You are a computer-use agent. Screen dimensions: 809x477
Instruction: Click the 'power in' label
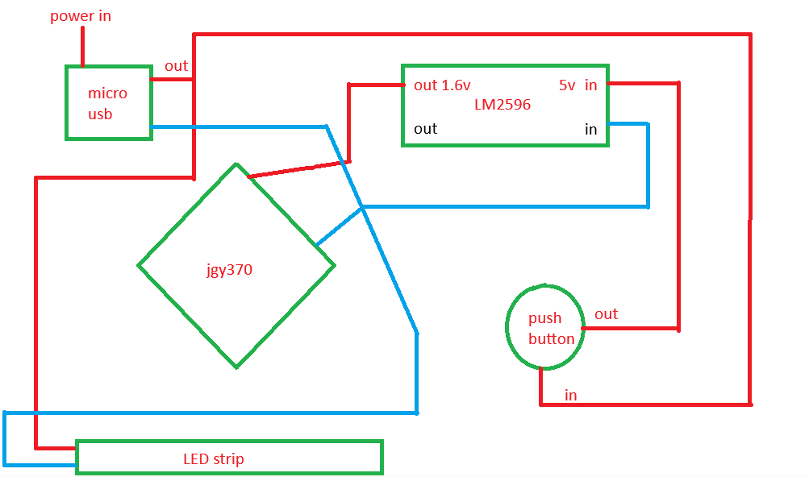point(81,16)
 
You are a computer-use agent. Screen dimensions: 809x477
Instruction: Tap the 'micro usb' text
point(107,103)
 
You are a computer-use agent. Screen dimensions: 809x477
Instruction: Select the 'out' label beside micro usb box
point(176,66)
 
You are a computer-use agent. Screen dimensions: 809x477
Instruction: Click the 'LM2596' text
point(502,105)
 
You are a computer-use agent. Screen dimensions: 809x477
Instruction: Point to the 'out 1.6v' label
point(442,85)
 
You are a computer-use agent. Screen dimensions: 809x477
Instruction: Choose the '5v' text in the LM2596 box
point(567,85)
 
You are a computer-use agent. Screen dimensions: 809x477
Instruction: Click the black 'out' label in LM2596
point(426,128)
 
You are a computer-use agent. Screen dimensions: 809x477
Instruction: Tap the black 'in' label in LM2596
point(590,129)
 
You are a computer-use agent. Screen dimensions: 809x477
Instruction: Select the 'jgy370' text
point(230,270)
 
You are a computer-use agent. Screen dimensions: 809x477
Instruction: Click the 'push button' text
point(551,329)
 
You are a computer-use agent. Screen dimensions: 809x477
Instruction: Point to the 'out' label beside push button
point(607,314)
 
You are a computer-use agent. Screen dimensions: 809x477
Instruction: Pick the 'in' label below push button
point(570,395)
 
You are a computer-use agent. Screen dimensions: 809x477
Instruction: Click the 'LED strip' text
point(214,459)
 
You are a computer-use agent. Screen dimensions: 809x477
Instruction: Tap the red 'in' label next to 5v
point(590,85)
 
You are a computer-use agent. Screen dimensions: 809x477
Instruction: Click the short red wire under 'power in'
point(82,47)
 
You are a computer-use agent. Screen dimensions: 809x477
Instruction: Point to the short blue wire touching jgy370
point(339,226)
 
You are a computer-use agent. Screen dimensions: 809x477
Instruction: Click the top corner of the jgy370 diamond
point(236,164)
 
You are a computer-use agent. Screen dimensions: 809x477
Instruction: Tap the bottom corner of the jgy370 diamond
point(236,367)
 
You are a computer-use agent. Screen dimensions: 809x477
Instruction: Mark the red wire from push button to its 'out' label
point(630,328)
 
